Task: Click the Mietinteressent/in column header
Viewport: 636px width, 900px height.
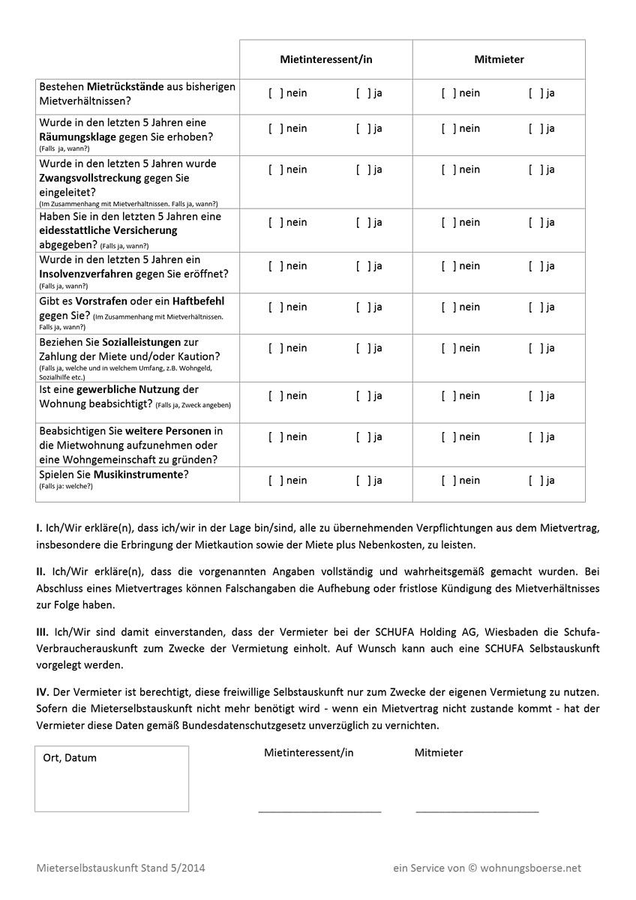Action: click(325, 59)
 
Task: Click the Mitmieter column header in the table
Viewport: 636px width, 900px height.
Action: click(499, 59)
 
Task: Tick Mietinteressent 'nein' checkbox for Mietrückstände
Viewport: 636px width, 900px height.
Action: click(276, 93)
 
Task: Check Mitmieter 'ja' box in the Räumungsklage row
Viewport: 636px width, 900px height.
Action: click(536, 128)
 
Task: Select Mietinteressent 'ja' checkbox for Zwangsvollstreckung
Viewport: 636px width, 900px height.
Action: click(364, 169)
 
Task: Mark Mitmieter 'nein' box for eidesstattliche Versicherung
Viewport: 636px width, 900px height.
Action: click(448, 222)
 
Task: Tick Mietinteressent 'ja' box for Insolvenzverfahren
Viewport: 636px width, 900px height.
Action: click(364, 265)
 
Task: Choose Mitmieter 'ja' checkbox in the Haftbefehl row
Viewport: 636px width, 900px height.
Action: click(536, 307)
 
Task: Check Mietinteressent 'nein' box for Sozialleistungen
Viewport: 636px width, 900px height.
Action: click(276, 348)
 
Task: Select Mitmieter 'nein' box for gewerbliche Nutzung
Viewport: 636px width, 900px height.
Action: click(448, 396)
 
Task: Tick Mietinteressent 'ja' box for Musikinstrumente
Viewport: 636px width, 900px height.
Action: click(364, 481)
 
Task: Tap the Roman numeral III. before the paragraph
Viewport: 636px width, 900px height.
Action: click(41, 632)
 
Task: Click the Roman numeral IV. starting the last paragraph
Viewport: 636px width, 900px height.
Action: click(42, 691)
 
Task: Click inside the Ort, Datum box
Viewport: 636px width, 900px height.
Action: click(111, 784)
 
